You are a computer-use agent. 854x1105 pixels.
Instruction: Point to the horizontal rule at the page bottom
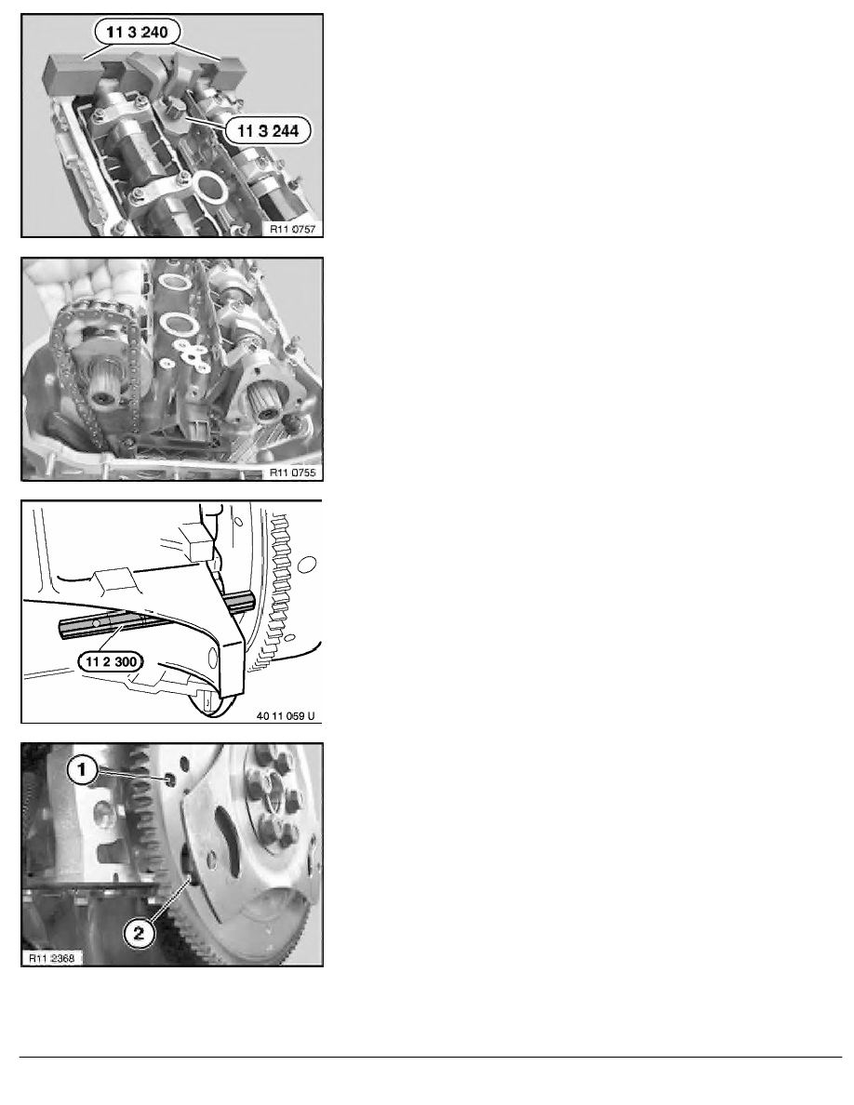[x=427, y=1057]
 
